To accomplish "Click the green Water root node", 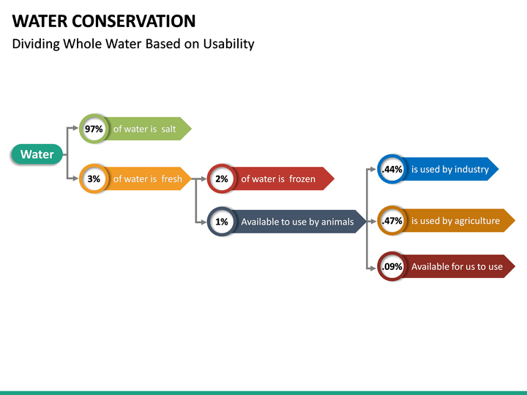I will (x=37, y=154).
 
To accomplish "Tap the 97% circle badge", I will (x=94, y=129).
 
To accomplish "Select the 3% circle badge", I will (x=94, y=178).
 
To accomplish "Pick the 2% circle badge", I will (x=222, y=178).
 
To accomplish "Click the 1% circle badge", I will (x=222, y=222).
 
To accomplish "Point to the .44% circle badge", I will (x=392, y=170).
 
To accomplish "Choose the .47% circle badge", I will (x=392, y=221).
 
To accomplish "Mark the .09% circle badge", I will (x=392, y=267).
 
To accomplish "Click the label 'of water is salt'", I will (x=144, y=129).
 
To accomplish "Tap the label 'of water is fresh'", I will (x=147, y=178).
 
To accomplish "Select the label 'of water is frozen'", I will (x=278, y=178).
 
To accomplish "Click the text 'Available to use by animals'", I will (x=297, y=222).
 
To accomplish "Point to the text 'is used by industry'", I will (x=449, y=170).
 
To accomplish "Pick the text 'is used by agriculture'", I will (x=455, y=221).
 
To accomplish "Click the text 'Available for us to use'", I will (x=457, y=267).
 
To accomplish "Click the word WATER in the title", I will (x=39, y=20).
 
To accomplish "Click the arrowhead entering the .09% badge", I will (x=373, y=268).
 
